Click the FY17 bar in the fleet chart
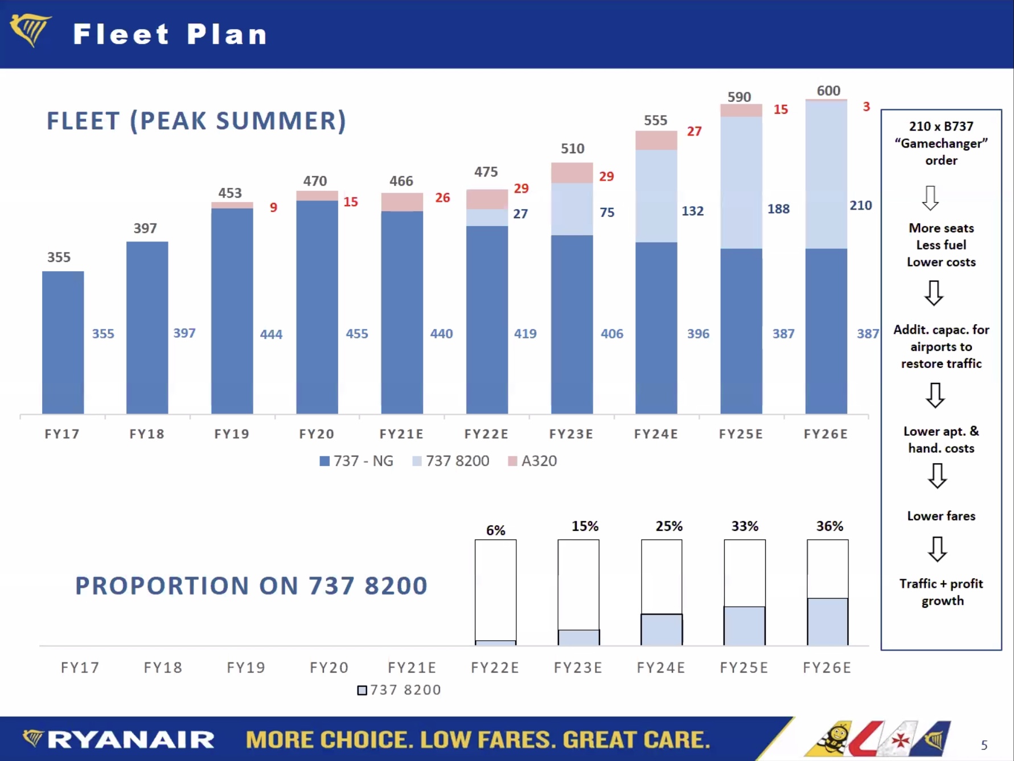(63, 342)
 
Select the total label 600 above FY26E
(828, 91)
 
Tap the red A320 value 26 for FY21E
(442, 198)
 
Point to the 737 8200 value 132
(692, 211)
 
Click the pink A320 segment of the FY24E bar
(656, 140)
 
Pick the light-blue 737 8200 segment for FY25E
(741, 182)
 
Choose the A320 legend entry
(532, 461)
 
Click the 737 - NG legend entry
(356, 461)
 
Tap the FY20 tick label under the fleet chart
(317, 434)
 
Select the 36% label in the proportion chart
(830, 526)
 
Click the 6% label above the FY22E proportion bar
(495, 530)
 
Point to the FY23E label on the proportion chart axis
(578, 668)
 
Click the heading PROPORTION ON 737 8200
(251, 586)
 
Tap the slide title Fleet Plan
(170, 34)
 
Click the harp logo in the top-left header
(31, 30)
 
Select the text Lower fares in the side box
(941, 516)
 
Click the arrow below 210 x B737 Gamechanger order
(930, 198)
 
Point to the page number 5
(984, 745)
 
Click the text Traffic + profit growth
(941, 592)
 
